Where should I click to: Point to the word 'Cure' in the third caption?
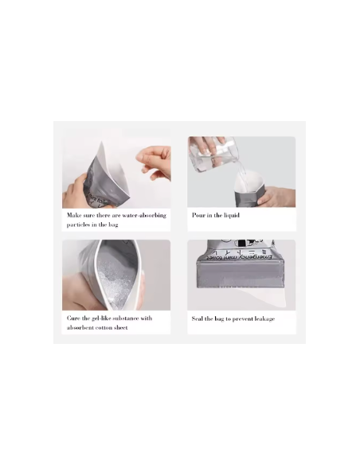coord(74,318)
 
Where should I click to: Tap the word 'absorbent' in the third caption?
coord(81,328)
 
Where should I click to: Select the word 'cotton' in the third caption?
coord(108,328)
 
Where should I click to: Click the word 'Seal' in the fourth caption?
coord(198,319)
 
